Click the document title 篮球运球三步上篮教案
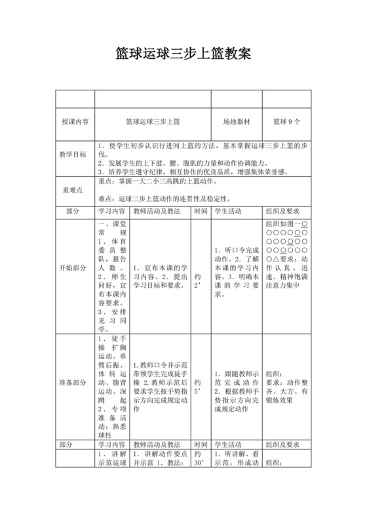pyautogui.click(x=183, y=53)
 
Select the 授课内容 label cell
pyautogui.click(x=75, y=121)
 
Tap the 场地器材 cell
pyautogui.click(x=237, y=121)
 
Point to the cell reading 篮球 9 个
pyautogui.click(x=286, y=121)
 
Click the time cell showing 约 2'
pyautogui.click(x=199, y=280)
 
